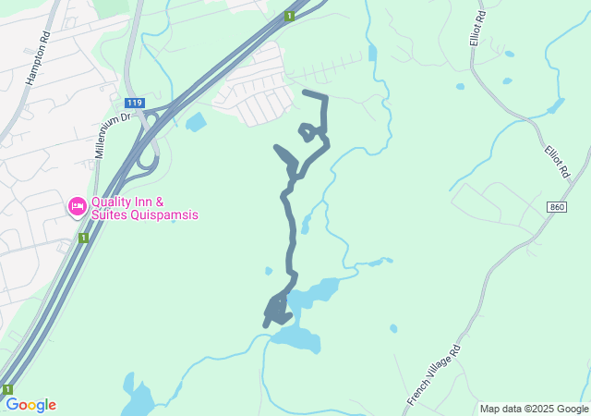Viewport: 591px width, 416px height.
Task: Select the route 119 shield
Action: pyautogui.click(x=134, y=103)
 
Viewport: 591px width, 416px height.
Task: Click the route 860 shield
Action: pyautogui.click(x=555, y=206)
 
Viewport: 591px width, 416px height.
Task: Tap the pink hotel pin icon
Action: pyautogui.click(x=78, y=205)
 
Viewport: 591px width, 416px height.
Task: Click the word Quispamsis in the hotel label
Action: pyautogui.click(x=164, y=215)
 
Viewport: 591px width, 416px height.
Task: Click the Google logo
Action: pyautogui.click(x=30, y=405)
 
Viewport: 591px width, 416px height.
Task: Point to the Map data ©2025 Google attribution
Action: pyautogui.click(x=534, y=409)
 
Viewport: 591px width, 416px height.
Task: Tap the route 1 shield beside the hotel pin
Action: pyautogui.click(x=83, y=238)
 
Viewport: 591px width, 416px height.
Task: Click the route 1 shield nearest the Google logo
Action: pyautogui.click(x=7, y=389)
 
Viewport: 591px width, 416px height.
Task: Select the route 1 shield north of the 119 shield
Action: pyautogui.click(x=290, y=16)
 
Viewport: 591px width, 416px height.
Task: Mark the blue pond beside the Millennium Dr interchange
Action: pyautogui.click(x=196, y=122)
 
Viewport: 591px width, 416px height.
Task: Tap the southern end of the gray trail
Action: pyautogui.click(x=267, y=324)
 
